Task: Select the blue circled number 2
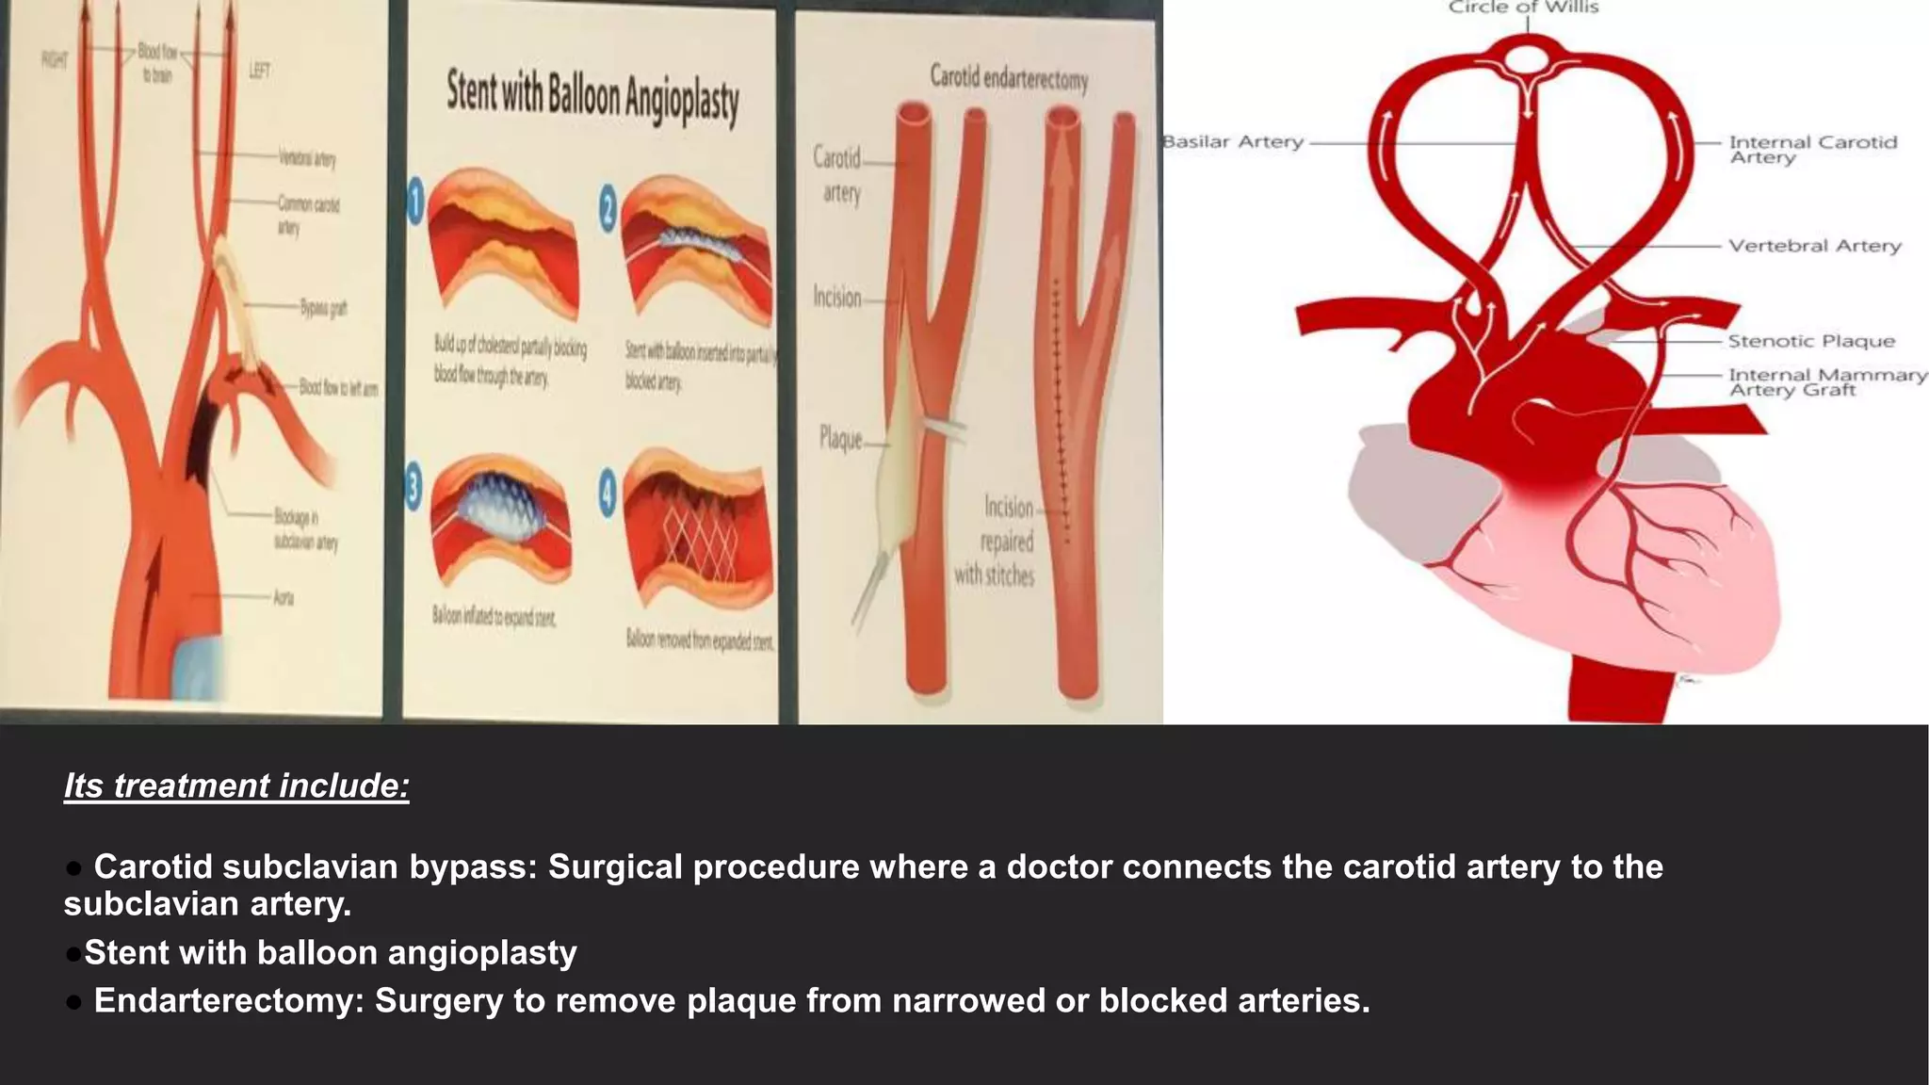point(608,208)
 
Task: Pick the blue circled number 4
point(608,493)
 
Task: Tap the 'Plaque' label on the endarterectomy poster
point(840,438)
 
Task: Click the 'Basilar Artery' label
point(1234,142)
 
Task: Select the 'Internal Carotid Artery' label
point(1812,150)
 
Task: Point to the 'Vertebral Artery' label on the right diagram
point(1814,246)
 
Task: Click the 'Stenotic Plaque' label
point(1810,341)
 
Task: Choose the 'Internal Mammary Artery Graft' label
point(1826,382)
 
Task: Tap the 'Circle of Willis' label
point(1523,8)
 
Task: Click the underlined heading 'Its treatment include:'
point(236,785)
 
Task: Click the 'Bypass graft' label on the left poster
point(323,308)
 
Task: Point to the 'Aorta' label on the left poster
point(284,597)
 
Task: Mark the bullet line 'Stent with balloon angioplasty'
point(330,953)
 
